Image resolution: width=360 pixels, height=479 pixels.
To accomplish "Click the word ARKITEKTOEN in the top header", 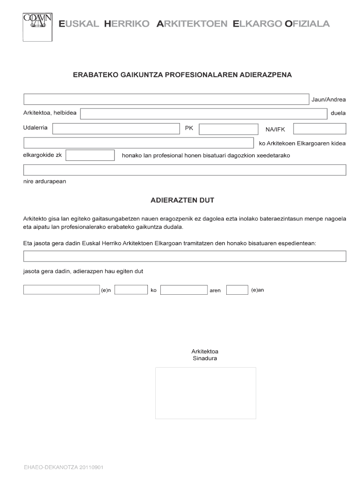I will pyautogui.click(x=192, y=24).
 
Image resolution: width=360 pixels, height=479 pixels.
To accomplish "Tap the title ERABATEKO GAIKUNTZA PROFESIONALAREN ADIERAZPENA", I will pyautogui.click(x=182, y=74).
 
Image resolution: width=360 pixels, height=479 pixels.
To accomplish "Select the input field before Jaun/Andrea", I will pyautogui.click(x=166, y=99).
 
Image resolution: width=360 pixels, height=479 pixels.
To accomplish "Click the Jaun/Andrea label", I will pyautogui.click(x=329, y=99).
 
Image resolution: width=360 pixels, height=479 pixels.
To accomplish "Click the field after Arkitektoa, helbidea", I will pyautogui.click(x=203, y=114).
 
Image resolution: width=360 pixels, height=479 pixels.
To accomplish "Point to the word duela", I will pyautogui.click(x=338, y=114).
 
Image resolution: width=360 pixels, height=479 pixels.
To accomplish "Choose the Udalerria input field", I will pyautogui.click(x=116, y=129).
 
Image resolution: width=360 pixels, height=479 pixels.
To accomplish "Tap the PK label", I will pyautogui.click(x=189, y=128).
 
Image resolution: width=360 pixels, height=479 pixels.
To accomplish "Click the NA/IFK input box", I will pyautogui.click(x=320, y=129).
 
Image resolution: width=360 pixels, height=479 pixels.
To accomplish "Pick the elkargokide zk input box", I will pyautogui.click(x=90, y=155).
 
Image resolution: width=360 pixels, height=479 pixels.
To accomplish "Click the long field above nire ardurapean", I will pyautogui.click(x=185, y=170).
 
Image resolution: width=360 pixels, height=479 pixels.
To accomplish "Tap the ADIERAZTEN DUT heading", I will pyautogui.click(x=182, y=200).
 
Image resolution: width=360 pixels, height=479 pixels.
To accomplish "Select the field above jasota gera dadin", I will pyautogui.click(x=185, y=256).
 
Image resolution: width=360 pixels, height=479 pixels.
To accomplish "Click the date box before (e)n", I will pyautogui.click(x=61, y=290).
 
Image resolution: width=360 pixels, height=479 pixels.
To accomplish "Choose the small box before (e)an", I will pyautogui.click(x=237, y=290).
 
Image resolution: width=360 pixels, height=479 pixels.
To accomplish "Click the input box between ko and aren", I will pyautogui.click(x=183, y=290).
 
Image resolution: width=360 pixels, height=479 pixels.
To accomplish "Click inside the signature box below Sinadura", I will pyautogui.click(x=205, y=393).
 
